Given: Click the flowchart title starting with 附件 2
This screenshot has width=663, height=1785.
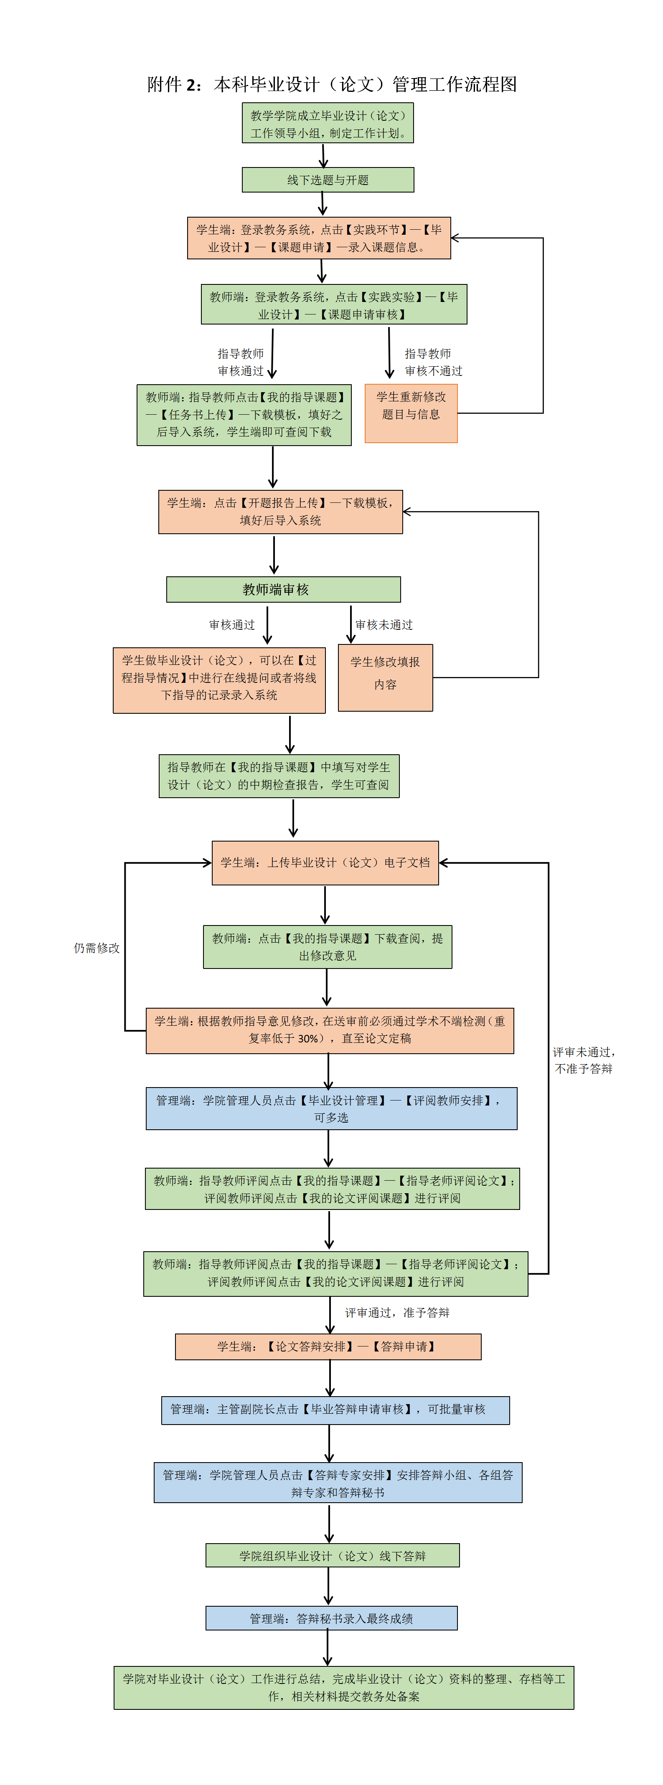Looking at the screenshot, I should click(332, 84).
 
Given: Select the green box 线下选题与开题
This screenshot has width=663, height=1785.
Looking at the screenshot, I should click(328, 180).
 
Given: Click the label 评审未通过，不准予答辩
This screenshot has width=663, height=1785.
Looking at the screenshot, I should click(583, 1060).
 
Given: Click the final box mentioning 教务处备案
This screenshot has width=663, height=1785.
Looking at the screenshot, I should click(344, 1687).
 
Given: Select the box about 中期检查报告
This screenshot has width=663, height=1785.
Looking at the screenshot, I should click(279, 776).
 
